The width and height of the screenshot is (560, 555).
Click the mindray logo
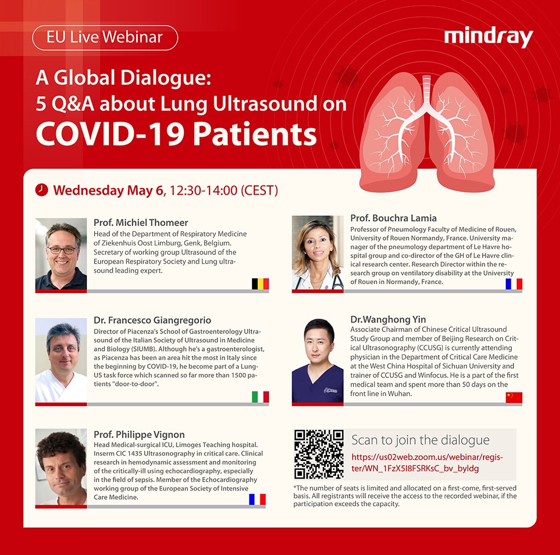tap(488, 38)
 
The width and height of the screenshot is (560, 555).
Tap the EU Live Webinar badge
tap(105, 38)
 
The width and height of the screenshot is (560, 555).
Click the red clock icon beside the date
tap(41, 190)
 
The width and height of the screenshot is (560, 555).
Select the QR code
tap(319, 454)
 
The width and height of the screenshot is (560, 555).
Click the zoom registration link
tap(427, 463)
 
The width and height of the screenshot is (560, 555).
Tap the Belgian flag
tap(260, 283)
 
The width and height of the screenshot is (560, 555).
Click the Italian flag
tap(260, 397)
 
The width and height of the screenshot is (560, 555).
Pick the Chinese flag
tap(514, 397)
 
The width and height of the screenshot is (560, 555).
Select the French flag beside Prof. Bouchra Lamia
tap(514, 283)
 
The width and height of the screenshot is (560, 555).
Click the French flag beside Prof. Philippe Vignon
tap(257, 499)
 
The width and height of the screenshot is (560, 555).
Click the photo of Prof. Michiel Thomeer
tap(61, 254)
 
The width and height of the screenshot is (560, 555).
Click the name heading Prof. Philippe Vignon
tap(139, 435)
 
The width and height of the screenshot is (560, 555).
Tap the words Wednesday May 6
tap(108, 190)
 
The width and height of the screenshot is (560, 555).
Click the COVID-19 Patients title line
tap(176, 133)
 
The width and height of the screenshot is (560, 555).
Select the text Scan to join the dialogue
tap(420, 440)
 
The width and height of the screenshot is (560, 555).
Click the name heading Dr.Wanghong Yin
tap(388, 319)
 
